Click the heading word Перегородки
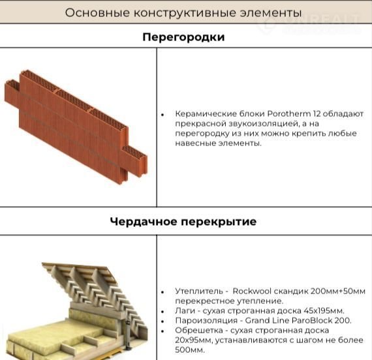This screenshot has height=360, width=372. (x=183, y=37)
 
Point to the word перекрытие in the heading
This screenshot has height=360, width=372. (x=219, y=222)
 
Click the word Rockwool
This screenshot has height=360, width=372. (x=252, y=291)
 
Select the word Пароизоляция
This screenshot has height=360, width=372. (x=206, y=321)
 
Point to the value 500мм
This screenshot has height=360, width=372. (x=190, y=350)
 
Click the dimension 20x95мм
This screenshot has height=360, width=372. (x=194, y=340)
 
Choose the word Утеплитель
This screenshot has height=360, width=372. (x=199, y=291)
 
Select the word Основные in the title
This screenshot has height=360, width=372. (x=97, y=12)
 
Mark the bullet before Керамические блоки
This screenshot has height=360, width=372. (x=163, y=115)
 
